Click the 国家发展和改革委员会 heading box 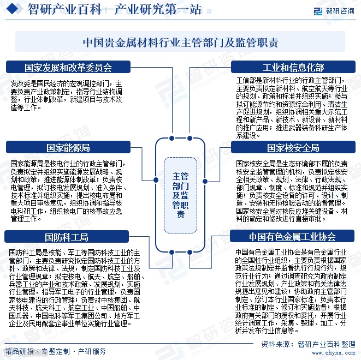68,68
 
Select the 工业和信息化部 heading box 293,68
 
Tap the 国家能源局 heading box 68,148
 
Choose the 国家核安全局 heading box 293,148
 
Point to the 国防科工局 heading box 68,237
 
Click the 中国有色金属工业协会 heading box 293,237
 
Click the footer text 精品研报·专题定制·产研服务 55,350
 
